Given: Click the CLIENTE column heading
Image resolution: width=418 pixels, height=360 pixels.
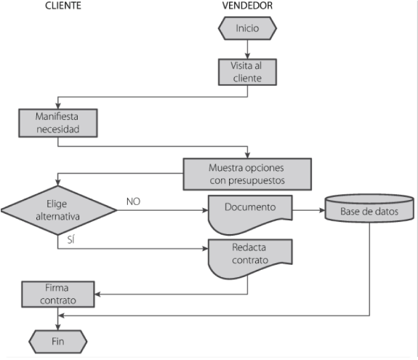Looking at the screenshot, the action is [63, 6].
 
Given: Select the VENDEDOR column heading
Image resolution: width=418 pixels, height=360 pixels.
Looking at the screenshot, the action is [247, 6].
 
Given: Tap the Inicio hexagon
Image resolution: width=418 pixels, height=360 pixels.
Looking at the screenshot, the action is [247, 28].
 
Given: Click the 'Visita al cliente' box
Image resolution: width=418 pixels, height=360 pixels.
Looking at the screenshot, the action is [247, 72].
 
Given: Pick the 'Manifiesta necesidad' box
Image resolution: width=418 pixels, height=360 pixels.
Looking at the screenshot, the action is [58, 123].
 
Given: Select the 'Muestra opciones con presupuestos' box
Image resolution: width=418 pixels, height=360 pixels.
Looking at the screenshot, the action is [247, 174].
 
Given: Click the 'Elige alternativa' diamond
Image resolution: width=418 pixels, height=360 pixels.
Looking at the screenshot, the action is [58, 210].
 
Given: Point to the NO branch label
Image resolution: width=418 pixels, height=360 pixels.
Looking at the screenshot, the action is [133, 201].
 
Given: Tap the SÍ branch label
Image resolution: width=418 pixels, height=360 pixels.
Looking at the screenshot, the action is [71, 240].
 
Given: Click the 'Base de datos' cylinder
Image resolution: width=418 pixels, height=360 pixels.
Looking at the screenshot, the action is [369, 208].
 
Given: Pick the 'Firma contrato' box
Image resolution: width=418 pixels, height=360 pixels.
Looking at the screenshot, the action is [58, 294].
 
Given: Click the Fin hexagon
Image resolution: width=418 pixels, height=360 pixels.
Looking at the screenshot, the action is [58, 342].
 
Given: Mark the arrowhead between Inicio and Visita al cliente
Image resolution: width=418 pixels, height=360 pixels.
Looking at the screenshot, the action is [247, 56].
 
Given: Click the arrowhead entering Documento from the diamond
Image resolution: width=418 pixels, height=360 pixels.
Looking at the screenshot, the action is [205, 210].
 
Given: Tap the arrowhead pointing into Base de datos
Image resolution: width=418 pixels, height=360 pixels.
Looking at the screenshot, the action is [322, 210].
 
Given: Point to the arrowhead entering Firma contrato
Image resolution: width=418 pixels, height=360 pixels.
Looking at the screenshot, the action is [97, 294].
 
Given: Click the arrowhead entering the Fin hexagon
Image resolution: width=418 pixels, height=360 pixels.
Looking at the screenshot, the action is [58, 327].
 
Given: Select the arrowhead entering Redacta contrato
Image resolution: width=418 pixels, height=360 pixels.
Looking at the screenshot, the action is [205, 249].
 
